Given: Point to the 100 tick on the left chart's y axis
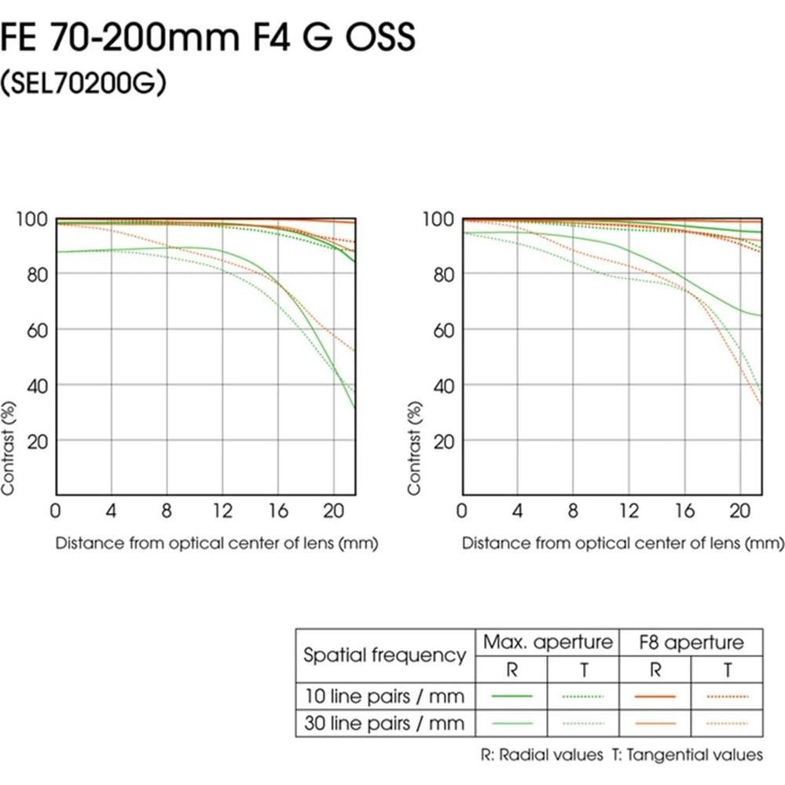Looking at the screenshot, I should coord(31,219).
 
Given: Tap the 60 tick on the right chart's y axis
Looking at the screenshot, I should coord(443,329).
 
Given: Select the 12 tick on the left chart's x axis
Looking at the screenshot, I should coord(223,512).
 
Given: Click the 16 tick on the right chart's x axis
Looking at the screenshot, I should coord(685,512).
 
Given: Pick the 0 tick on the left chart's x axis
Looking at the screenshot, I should coord(55,512).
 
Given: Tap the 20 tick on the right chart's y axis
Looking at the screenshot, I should coord(443,441).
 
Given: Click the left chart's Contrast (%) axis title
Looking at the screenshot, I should coord(9,447).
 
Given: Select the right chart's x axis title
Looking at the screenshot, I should coord(622,543).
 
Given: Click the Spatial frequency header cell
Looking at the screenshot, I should coord(384,655).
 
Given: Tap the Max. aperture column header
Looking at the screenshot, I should coord(548,642).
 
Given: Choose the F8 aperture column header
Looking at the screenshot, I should coord(691,643).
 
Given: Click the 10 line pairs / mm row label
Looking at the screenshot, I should coord(384,696).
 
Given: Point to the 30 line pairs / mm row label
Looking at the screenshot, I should coord(384,723).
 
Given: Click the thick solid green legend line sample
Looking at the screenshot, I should coord(511,696).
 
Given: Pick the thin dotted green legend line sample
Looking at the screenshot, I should coord(583,723).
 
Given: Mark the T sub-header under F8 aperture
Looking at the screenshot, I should coord(728,670).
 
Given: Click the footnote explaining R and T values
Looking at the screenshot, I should coord(622,755).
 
